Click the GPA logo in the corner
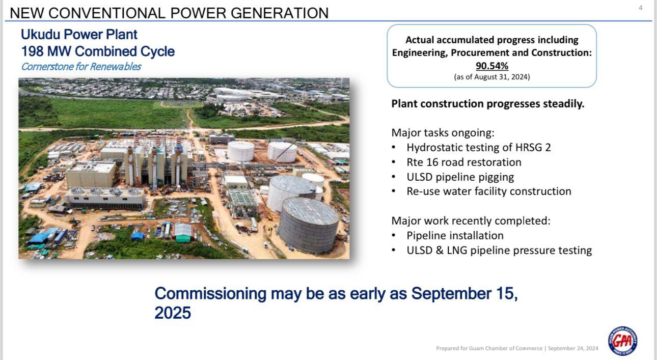[x=622, y=341]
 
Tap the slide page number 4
[x=641, y=8]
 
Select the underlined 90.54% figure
[x=492, y=66]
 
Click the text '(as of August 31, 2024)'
[x=492, y=77]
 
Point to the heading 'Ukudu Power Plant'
[x=79, y=34]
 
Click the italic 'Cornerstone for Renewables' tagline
[x=81, y=67]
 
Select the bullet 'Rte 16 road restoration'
[x=463, y=162]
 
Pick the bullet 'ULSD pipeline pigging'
[x=460, y=177]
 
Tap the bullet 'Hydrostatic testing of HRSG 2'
[x=479, y=147]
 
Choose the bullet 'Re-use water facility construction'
[x=489, y=191]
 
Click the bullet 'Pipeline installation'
[x=455, y=235]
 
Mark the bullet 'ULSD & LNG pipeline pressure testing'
[x=499, y=251]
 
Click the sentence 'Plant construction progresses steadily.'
[x=488, y=104]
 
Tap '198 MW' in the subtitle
[x=46, y=51]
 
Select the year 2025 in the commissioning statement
[x=173, y=313]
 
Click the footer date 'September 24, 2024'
[x=573, y=348]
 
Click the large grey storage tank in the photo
[x=308, y=225]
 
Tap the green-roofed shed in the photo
[x=183, y=233]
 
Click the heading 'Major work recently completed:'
[x=471, y=221]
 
